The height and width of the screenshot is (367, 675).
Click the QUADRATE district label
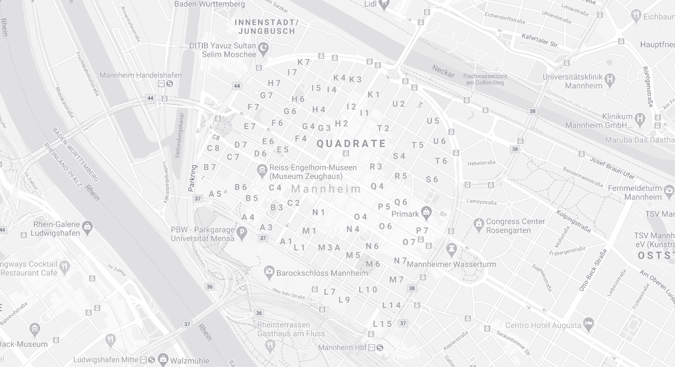coord(351,143)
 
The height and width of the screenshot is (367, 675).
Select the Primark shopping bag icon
coord(427,213)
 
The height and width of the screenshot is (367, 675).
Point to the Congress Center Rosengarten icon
coord(479,225)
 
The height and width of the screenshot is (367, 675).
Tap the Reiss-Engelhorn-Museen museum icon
coord(262,171)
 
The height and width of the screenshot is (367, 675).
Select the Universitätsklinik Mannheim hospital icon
coord(610,81)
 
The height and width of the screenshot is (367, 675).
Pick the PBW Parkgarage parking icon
coord(242,233)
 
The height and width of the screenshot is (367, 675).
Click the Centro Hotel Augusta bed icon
coord(589,323)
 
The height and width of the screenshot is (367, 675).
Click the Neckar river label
coord(443,71)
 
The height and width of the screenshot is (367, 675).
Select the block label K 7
coord(304,62)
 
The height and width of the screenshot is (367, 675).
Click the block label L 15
coord(382,324)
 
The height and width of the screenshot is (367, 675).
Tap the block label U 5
coord(433,121)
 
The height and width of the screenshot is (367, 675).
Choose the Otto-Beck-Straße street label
coord(593,270)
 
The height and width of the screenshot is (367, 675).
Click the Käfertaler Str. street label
coord(539,41)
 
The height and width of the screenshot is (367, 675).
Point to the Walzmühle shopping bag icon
coord(163,359)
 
